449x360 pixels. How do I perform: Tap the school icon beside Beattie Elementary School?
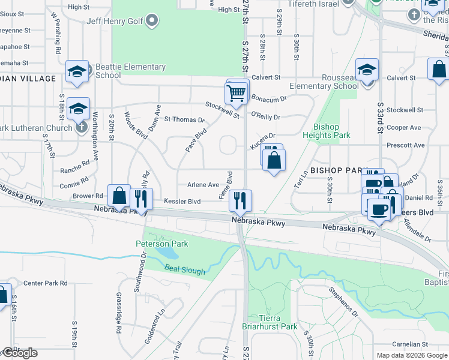[x=77, y=71]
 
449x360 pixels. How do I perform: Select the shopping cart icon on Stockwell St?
[x=237, y=92]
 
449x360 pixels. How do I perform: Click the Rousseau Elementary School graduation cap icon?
[x=367, y=70]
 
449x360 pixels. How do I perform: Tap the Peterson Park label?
[x=162, y=244]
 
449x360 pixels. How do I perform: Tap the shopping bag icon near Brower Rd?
[x=119, y=196]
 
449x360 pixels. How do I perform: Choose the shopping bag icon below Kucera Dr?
[x=274, y=160]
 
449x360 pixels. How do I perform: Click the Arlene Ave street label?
[x=203, y=185]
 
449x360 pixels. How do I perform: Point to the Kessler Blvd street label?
[x=182, y=202]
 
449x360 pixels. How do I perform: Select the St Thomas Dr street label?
[x=184, y=119]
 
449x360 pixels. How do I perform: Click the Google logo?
[x=20, y=353]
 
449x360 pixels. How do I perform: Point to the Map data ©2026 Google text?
[x=411, y=355]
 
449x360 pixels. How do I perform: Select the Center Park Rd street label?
[x=45, y=283]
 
